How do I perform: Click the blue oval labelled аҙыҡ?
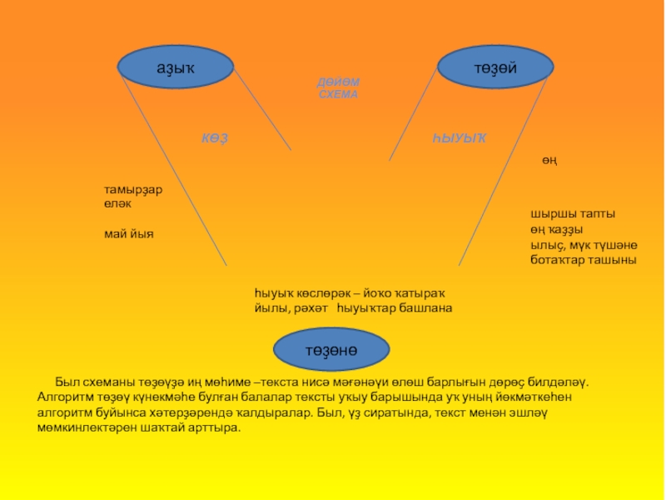point(175,68)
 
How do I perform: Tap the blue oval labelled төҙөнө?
point(331,351)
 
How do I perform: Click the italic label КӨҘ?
point(214,137)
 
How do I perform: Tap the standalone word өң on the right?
point(550,159)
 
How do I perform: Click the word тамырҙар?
point(133,189)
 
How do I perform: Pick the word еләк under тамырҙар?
point(118,202)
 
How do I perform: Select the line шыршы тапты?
point(573,214)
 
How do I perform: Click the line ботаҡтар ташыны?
point(583,260)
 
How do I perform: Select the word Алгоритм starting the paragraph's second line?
point(64,397)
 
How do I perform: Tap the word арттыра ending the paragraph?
point(215,427)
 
